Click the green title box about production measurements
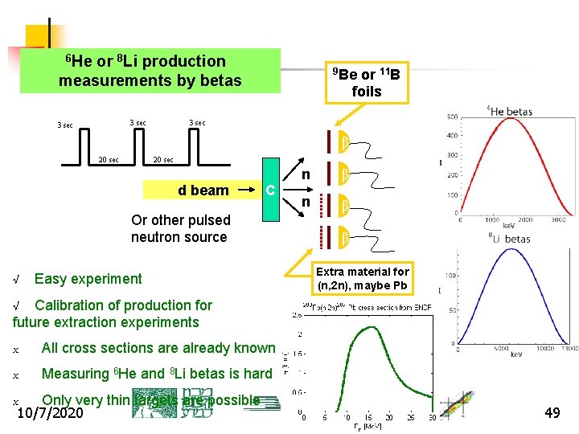click(x=150, y=71)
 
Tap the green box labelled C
click(x=271, y=190)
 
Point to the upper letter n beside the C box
click(x=306, y=174)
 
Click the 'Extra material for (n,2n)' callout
click(x=363, y=278)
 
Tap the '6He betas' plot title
click(x=511, y=111)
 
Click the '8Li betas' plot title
click(x=509, y=238)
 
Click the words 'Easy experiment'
click(x=88, y=279)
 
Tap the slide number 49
click(x=552, y=412)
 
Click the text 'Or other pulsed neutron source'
click(x=180, y=228)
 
